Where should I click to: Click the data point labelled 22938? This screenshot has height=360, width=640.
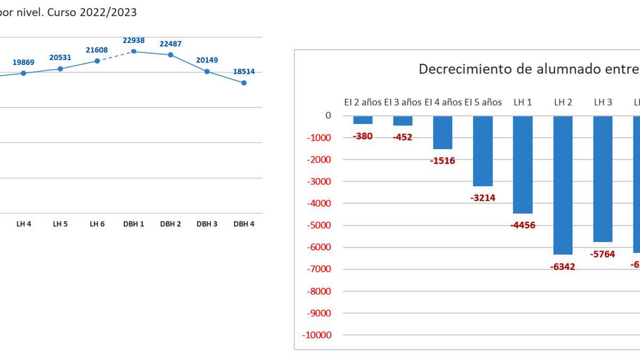(134, 51)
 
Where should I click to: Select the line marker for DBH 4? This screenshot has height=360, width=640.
(244, 83)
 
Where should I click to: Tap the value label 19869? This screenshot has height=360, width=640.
(23, 62)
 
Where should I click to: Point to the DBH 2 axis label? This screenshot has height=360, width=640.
(170, 224)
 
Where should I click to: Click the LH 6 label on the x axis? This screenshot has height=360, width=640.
(97, 224)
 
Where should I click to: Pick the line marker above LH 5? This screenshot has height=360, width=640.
(60, 69)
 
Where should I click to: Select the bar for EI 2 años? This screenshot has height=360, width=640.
(363, 120)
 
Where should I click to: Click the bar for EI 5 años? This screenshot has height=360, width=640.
(483, 151)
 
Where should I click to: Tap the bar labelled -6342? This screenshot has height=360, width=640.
(563, 185)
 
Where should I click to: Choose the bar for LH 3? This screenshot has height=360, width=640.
(603, 179)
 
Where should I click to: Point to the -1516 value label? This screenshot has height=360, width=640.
(443, 161)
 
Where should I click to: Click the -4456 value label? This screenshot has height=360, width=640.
(523, 225)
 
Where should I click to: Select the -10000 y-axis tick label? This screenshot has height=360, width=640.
(316, 335)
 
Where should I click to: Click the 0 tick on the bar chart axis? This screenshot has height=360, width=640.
(328, 116)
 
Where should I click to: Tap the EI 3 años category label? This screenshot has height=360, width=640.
(403, 102)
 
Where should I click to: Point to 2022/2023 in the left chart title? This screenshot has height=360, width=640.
(108, 12)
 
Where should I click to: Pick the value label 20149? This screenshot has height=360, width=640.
(207, 60)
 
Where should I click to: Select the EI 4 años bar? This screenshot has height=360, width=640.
(443, 132)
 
